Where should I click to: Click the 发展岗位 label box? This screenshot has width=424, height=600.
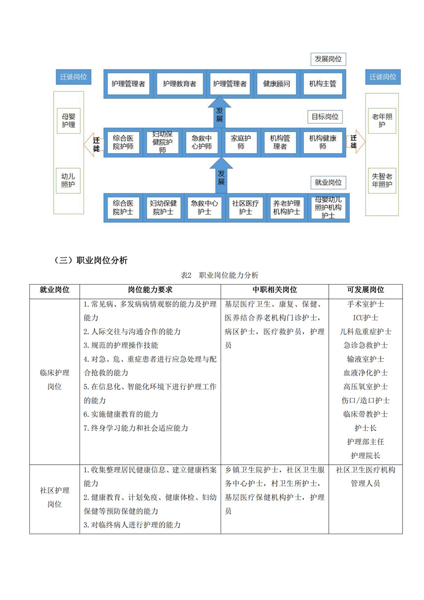(328, 59)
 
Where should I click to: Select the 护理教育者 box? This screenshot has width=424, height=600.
(180, 84)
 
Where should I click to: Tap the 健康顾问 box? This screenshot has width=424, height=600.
(276, 84)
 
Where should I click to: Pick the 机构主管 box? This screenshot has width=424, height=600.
(323, 84)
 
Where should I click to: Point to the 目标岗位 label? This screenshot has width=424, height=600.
(325, 117)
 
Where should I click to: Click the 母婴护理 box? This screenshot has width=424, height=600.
(68, 120)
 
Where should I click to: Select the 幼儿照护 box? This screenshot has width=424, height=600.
(68, 181)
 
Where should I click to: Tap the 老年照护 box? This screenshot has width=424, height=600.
(382, 120)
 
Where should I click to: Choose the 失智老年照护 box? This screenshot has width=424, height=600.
(382, 181)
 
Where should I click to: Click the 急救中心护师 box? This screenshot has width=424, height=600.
(202, 142)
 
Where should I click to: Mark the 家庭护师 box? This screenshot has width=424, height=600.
(241, 142)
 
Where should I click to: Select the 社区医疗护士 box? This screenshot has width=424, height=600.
(245, 208)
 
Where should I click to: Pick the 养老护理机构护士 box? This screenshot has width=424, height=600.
(287, 208)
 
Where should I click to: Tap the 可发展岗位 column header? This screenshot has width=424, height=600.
(365, 290)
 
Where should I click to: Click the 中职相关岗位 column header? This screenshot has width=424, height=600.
(275, 290)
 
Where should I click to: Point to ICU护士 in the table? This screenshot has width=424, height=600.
(365, 317)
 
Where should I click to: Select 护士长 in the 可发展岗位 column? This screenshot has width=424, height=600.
(365, 428)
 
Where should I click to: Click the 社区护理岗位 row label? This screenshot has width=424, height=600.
(54, 497)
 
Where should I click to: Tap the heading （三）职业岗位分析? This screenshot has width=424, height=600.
(91, 261)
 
